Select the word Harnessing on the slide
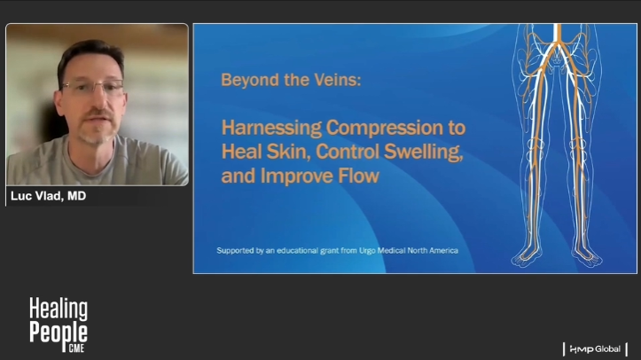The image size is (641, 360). (x=271, y=128)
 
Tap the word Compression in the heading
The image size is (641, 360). (x=384, y=129)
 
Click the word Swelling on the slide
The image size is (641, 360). (x=424, y=153)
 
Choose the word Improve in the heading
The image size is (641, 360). (x=297, y=176)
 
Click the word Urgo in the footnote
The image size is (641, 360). (x=367, y=250)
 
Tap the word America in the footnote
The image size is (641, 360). (x=443, y=250)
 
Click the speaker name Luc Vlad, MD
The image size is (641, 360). (x=48, y=196)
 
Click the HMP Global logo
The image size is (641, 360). (x=595, y=349)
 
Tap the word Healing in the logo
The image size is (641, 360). (x=59, y=309)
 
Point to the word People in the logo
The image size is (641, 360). (x=59, y=333)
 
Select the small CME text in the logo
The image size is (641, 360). (x=76, y=348)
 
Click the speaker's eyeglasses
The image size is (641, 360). (x=93, y=87)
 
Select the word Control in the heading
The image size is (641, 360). (x=347, y=152)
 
